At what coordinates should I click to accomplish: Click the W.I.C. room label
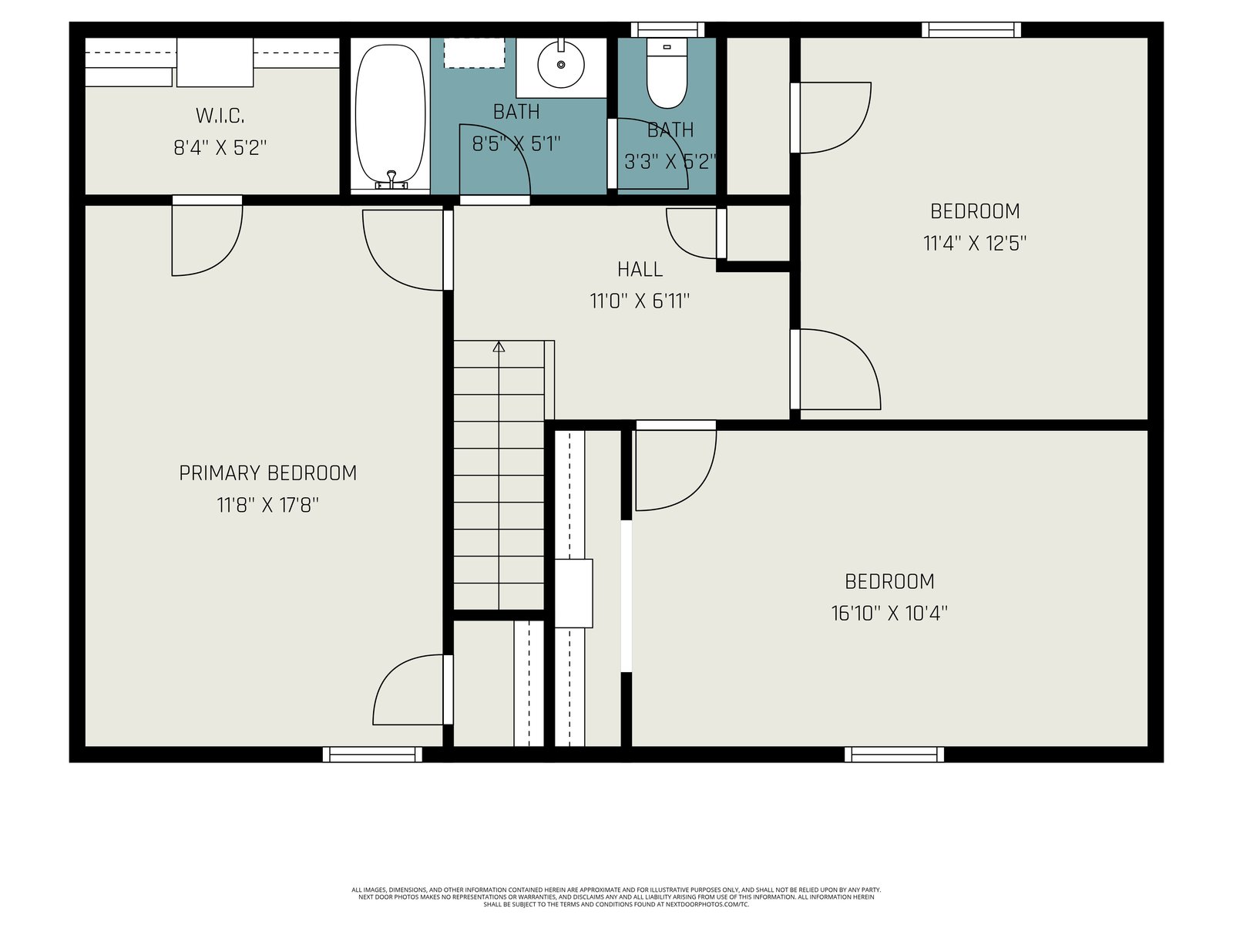pos(220,116)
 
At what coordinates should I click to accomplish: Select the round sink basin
pos(560,64)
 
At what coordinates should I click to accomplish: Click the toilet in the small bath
pos(667,73)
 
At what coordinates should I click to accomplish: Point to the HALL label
pos(640,270)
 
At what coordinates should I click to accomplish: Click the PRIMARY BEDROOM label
pos(267,473)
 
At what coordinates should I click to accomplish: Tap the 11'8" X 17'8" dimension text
pos(267,506)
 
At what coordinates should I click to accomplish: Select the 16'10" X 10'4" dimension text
pos(889,614)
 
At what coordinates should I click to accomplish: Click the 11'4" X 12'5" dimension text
pos(975,243)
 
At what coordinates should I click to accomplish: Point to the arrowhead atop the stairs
pos(499,347)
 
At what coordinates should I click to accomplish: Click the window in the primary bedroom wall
pos(372,755)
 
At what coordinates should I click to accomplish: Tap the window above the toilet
pos(667,30)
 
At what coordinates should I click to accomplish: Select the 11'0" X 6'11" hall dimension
pos(640,301)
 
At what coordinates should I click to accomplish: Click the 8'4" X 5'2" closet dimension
pos(220,148)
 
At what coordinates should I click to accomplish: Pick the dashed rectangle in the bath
pos(474,52)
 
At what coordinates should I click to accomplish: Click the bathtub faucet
pos(391,180)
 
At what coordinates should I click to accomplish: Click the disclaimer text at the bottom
pos(616,897)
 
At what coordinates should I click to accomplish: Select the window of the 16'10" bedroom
pos(894,755)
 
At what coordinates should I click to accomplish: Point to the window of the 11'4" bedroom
pos(971,30)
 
